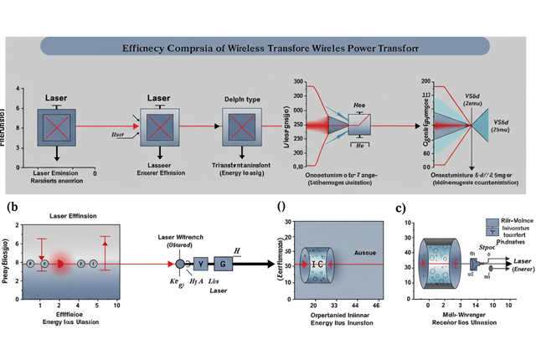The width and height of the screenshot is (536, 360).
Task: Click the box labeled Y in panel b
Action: pos(200,264)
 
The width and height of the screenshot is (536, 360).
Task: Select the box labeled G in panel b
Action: pos(223,264)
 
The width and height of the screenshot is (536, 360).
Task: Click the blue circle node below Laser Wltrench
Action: pos(179,264)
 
